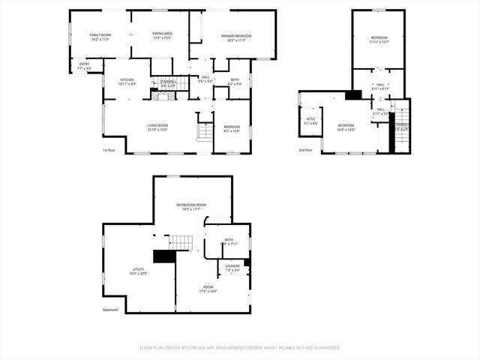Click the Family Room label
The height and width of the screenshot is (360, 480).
pos(100,35)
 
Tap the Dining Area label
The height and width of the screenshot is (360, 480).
pos(163,34)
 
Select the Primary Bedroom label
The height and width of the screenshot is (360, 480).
pos(235,35)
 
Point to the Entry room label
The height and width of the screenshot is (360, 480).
pos(84,64)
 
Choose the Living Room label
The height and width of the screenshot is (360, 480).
pos(157,125)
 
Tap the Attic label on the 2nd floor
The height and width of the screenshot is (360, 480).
pos(310,118)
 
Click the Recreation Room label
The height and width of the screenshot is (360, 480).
pos(191,205)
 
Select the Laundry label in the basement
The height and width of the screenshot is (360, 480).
pos(232,265)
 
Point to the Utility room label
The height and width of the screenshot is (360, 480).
pos(139,268)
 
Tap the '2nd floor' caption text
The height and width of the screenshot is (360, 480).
pos(306,151)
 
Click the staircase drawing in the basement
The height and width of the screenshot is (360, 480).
pos(180,242)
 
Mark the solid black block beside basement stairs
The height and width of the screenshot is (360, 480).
pos(163,256)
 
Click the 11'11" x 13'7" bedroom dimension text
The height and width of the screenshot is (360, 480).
pos(379,43)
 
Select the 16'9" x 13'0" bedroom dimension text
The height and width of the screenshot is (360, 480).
pos(345,129)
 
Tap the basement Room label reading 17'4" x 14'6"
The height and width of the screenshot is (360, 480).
pos(208,291)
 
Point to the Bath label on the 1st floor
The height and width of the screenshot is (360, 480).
pos(235,79)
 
